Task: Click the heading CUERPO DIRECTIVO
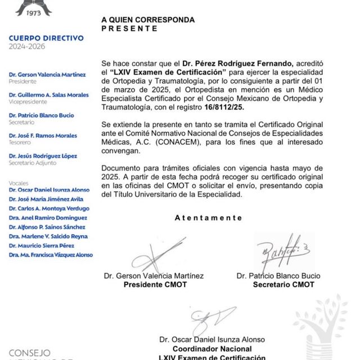pos(46,38)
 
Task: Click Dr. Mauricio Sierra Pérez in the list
pos(45,245)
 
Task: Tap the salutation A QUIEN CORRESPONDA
pos(148,20)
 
